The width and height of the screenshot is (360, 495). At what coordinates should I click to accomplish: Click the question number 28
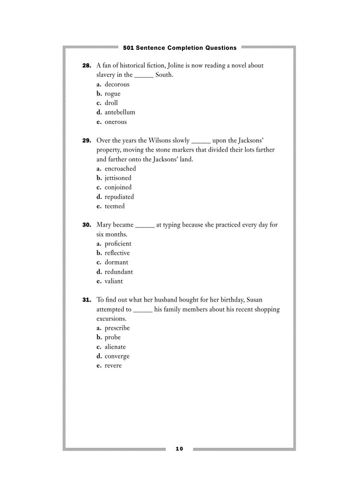click(86, 66)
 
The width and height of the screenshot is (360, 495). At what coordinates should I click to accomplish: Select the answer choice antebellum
click(120, 112)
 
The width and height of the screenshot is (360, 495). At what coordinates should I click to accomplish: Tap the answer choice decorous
click(117, 84)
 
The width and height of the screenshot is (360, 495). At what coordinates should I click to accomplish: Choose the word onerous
click(116, 122)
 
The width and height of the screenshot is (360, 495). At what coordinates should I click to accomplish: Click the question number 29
click(86, 141)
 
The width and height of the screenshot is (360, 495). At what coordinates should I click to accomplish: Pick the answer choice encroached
click(120, 169)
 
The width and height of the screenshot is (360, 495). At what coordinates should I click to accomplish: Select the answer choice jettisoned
click(118, 178)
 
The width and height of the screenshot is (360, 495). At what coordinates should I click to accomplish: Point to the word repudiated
click(119, 197)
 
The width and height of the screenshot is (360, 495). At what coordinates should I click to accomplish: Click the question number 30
click(86, 225)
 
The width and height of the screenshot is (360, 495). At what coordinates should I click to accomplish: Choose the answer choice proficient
click(118, 244)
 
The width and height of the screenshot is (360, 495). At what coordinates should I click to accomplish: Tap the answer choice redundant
click(119, 272)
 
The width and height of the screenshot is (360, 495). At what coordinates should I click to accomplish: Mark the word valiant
click(114, 281)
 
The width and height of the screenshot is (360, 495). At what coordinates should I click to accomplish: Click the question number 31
click(86, 300)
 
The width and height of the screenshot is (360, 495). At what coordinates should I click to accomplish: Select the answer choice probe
click(112, 338)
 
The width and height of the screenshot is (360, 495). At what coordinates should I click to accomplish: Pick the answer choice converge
click(117, 357)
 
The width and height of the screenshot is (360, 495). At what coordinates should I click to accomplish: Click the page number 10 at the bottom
click(179, 449)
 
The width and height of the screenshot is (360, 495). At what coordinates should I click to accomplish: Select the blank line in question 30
click(145, 227)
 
